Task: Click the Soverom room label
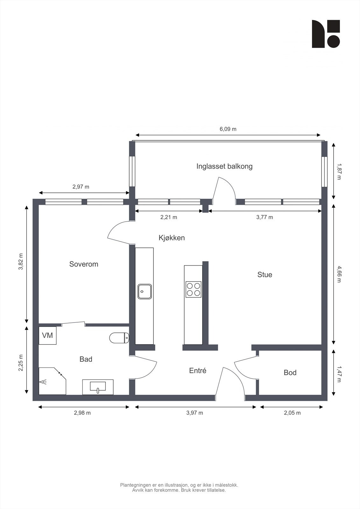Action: (x=84, y=264)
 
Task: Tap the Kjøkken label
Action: (x=172, y=238)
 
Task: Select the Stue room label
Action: (x=265, y=275)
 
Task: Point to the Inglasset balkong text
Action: (x=224, y=166)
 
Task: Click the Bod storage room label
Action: (x=290, y=373)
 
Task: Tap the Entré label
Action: (x=198, y=371)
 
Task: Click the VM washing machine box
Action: (x=47, y=335)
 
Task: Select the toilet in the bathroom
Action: (x=119, y=338)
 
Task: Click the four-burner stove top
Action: (x=193, y=289)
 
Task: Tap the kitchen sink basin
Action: (x=145, y=291)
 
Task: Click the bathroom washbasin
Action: (x=98, y=387)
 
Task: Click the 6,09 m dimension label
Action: (x=228, y=129)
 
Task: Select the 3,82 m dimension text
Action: (x=21, y=261)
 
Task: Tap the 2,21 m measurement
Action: (x=168, y=217)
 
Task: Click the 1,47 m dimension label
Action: (x=339, y=372)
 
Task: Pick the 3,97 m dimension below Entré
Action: (x=194, y=413)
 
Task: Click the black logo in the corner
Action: (x=326, y=34)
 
